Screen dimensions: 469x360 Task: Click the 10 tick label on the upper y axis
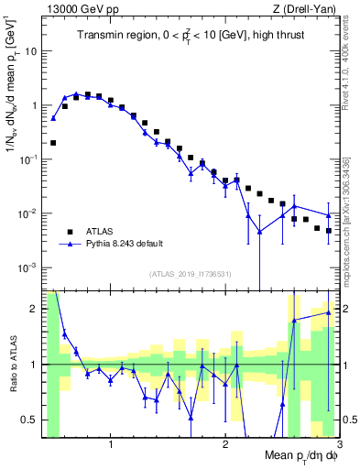(x=31, y=51)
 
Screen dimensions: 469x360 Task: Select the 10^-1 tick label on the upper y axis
(x=29, y=159)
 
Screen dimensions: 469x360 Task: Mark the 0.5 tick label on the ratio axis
(x=31, y=420)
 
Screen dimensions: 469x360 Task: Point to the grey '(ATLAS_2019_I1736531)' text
(x=190, y=275)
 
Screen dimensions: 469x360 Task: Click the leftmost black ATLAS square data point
(x=53, y=143)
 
